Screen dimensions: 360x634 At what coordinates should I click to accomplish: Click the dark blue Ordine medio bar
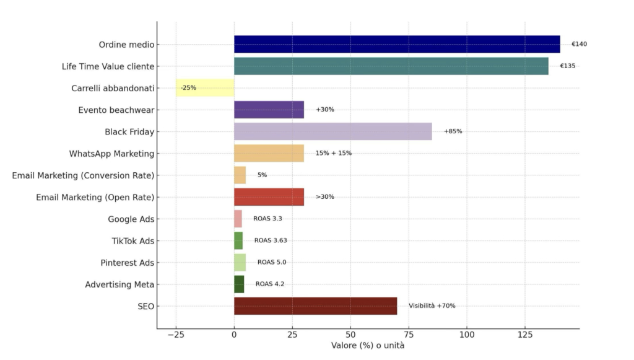tap(396, 44)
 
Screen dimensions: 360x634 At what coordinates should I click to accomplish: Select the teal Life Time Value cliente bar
tap(390, 66)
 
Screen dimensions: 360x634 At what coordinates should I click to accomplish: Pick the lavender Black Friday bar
tap(332, 131)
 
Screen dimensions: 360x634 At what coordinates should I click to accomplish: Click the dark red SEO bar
tap(315, 305)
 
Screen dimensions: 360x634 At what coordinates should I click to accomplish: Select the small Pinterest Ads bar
tap(240, 262)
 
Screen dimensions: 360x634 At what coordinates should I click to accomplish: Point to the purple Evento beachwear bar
tap(269, 110)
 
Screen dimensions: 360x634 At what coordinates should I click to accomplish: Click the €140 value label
tap(579, 44)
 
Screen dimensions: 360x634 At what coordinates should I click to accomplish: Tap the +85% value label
tap(453, 131)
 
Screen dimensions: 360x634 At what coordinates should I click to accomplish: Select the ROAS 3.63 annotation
tap(271, 240)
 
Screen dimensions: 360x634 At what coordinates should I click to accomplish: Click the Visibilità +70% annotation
tap(432, 305)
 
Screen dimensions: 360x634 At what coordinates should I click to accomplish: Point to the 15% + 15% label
tap(333, 153)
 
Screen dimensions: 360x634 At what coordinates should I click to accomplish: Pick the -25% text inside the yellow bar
tap(188, 88)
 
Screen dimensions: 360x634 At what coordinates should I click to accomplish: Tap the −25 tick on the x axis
tap(176, 335)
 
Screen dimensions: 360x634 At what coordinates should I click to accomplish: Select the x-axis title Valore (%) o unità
tap(368, 346)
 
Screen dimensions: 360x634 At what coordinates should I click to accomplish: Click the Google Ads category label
tap(131, 219)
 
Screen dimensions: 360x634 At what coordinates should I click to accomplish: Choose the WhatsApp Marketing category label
tap(111, 153)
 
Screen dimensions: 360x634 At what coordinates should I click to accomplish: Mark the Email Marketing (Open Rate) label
tap(95, 197)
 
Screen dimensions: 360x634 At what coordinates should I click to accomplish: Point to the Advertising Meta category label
tap(119, 284)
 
